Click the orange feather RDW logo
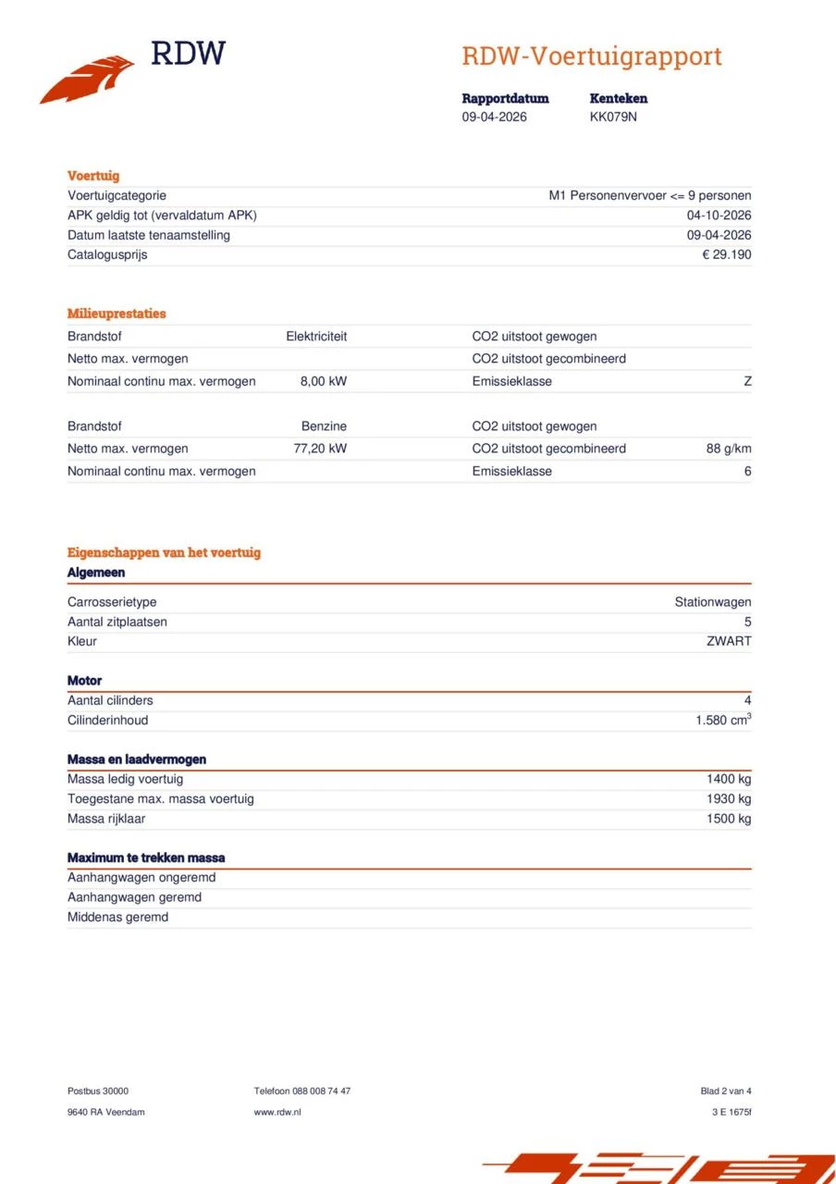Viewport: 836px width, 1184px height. tap(87, 80)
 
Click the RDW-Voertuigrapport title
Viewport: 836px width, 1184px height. tap(591, 56)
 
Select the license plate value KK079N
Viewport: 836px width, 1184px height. tap(613, 117)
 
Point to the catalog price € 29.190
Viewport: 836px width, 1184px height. tap(726, 254)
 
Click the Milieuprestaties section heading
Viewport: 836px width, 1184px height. tap(117, 314)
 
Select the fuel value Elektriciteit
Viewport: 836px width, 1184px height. tap(316, 337)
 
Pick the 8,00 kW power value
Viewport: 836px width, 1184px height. tap(324, 381)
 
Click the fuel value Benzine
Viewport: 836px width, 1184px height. tap(324, 426)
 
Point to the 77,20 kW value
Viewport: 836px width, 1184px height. tap(320, 449)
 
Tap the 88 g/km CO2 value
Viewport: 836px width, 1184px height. tap(729, 449)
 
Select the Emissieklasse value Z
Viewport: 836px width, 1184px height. tap(747, 381)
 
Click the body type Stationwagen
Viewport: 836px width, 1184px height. tap(712, 602)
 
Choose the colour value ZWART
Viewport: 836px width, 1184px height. tap(729, 641)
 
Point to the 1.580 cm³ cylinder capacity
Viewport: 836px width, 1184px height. tap(723, 720)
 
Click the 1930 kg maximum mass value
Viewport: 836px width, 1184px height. tap(729, 798)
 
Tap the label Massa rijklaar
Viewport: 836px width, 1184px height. tap(106, 819)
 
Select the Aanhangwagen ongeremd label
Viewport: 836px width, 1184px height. tap(141, 878)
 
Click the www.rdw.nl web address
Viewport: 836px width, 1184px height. tap(277, 1112)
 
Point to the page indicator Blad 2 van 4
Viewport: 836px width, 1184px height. tap(726, 1091)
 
